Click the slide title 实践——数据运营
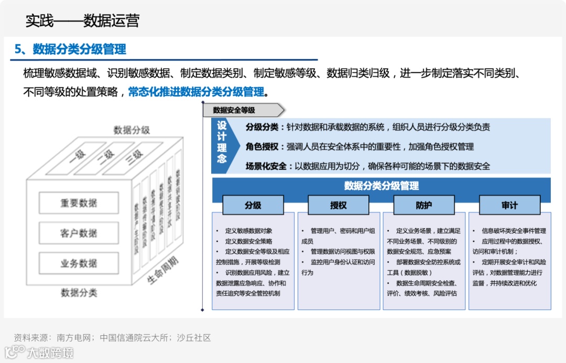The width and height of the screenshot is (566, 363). pos(82,21)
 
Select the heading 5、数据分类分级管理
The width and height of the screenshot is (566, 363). pos(70,49)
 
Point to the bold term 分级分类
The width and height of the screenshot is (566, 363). pos(262,127)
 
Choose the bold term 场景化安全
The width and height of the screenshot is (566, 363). pos(266,166)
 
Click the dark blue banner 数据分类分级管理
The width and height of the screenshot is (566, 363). pos(381,186)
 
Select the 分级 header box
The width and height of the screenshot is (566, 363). pos(253,205)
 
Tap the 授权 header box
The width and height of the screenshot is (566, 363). pos(338,205)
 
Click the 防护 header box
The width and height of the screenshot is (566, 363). pos(423,205)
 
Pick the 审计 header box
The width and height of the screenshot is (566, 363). pos(509,205)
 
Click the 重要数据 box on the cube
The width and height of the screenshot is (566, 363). pos(79,203)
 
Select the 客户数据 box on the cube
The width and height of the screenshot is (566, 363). pos(79,233)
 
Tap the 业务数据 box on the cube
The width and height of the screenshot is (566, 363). pos(79,263)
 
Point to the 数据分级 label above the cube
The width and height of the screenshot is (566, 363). pos(132,130)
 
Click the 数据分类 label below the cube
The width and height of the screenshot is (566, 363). pos(79,292)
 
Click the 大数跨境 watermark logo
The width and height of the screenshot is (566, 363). pos(39,352)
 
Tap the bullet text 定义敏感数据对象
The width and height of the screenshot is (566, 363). pos(248,231)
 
